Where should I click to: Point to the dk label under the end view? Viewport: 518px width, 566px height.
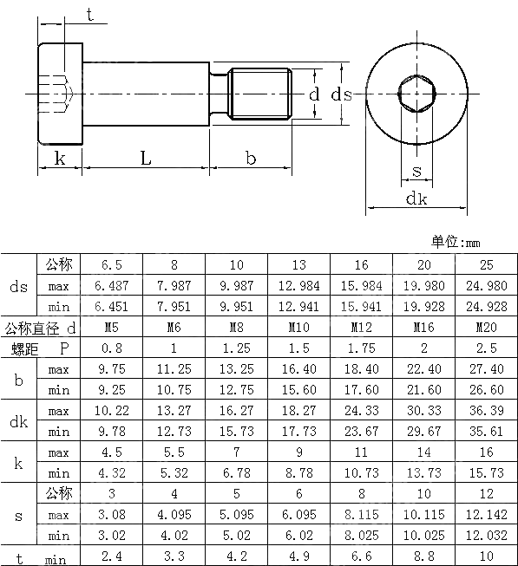[416, 198]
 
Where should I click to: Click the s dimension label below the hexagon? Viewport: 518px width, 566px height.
[416, 171]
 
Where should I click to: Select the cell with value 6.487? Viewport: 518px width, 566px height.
[111, 285]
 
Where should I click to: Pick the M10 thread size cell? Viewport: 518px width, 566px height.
[298, 327]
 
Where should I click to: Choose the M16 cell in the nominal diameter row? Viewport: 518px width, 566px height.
[423, 327]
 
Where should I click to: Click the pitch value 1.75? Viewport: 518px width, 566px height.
[361, 348]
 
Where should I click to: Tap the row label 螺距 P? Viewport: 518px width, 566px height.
[40, 348]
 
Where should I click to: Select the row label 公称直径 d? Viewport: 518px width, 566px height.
[40, 327]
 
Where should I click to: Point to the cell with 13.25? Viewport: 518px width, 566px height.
[236, 368]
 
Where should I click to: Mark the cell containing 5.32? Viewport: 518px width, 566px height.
[174, 472]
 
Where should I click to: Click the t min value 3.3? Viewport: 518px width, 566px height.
[174, 556]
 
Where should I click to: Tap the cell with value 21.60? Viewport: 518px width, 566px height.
[423, 389]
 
